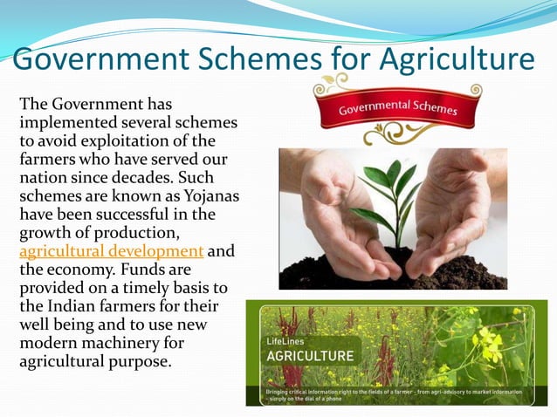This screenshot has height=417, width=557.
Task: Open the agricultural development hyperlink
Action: point(111,252)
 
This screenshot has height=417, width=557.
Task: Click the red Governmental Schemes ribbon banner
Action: point(398,110)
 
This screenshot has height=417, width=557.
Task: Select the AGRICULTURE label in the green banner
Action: point(298,356)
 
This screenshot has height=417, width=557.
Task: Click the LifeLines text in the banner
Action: point(284,341)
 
